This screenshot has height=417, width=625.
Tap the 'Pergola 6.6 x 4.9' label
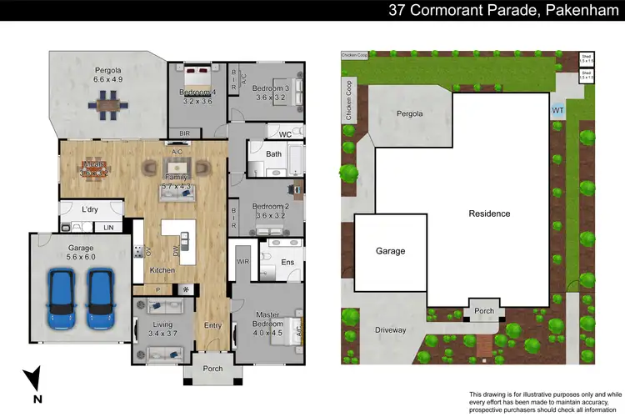[x=107, y=74]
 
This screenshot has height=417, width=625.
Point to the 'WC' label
[x=285, y=133]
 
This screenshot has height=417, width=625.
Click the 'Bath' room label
[x=274, y=154]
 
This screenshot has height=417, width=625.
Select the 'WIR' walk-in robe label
[x=243, y=262]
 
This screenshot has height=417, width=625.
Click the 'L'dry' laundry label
[x=90, y=208]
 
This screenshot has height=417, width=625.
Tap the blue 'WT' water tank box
[x=557, y=109]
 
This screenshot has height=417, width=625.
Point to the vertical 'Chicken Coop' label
[x=348, y=101]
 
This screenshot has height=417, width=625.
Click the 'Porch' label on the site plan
[x=484, y=311]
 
